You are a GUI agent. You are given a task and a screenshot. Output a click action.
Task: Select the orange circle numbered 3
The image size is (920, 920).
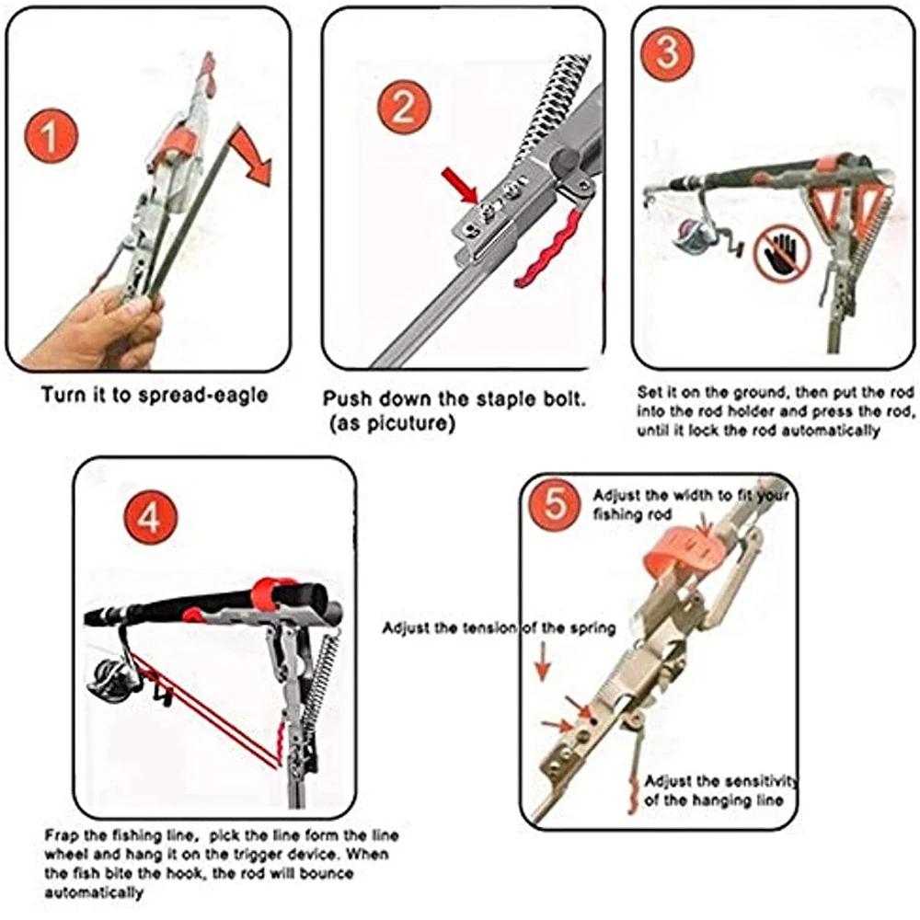tap(668, 52)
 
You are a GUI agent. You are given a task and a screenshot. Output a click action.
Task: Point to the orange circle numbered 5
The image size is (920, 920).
tap(555, 504)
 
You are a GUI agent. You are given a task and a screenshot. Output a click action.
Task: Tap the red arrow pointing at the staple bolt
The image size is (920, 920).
tap(459, 183)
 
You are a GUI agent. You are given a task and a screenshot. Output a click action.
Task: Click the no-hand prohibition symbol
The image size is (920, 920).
tap(780, 252)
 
